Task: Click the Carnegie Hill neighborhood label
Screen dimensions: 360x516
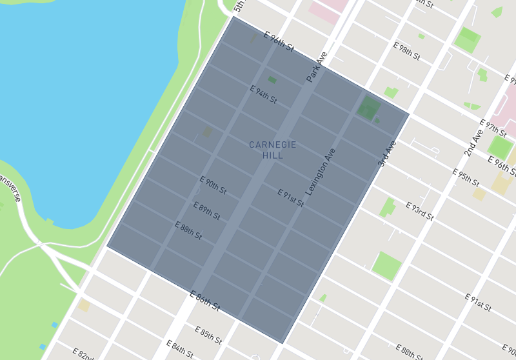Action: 272,150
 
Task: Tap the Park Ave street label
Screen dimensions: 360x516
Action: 317,67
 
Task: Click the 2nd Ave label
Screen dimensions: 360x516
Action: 473,143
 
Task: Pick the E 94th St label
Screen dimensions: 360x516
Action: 263,94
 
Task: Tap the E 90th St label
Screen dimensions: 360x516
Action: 213,185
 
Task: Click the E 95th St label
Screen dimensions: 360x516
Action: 466,178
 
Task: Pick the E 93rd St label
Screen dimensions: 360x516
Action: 419,210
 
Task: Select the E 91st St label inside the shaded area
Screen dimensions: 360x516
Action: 290,197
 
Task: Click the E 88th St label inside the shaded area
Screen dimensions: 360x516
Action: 188,230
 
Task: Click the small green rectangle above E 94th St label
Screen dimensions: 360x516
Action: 272,80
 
